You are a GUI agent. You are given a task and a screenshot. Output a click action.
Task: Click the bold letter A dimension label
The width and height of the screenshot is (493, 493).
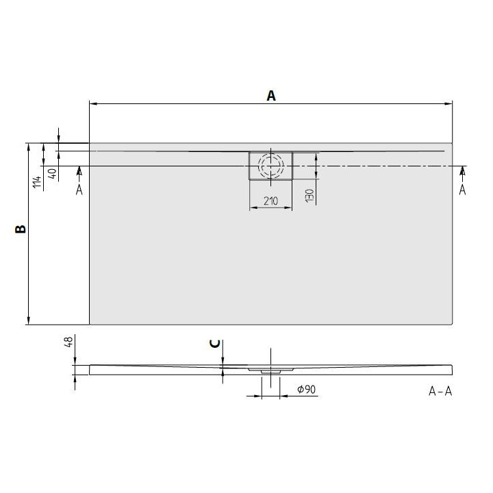pos(271,96)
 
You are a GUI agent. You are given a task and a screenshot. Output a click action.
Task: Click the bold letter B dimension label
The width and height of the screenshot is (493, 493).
pos(21,230)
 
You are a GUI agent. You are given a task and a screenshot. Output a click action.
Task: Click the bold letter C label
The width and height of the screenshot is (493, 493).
pos(215,343)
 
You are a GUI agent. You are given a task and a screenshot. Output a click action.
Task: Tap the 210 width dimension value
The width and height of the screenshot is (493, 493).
pos(270,201)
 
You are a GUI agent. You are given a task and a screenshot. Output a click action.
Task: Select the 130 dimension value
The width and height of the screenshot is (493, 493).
pos(309,195)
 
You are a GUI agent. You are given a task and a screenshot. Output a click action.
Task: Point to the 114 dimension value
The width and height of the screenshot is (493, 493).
pos(37,181)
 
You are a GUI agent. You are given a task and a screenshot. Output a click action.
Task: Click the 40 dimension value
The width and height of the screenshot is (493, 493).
pos(53,173)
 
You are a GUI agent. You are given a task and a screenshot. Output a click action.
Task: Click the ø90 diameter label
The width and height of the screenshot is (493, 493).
pos(306,390)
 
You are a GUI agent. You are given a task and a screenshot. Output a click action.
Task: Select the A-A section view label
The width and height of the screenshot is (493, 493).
pos(440,391)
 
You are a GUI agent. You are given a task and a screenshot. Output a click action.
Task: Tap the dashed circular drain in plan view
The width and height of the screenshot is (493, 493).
pos(270,166)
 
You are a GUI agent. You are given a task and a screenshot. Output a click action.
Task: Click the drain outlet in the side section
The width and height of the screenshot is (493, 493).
pos(270,370)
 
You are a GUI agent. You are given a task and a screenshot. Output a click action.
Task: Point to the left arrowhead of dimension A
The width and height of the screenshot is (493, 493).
pos(93,104)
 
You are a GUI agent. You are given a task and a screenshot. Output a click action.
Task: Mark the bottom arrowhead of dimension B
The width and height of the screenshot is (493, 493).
pos(28,320)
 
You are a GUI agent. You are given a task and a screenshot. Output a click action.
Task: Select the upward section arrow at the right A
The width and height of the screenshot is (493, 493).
pos(462,170)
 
